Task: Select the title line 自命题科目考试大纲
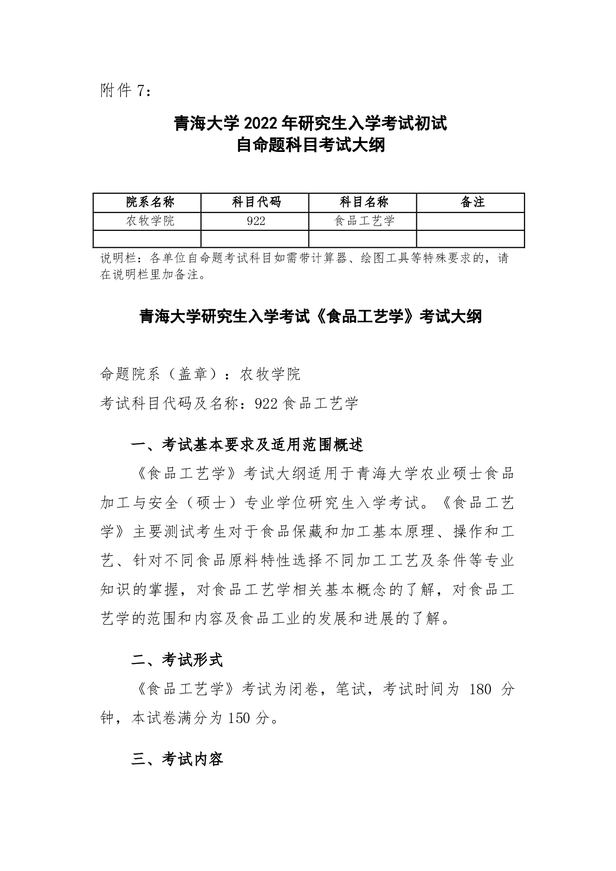[x=310, y=145]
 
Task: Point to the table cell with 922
[x=256, y=221]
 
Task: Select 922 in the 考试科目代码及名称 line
[x=265, y=403]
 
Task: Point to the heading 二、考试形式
[x=177, y=660]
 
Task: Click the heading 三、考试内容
[x=177, y=759]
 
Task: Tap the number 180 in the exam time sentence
[x=480, y=689]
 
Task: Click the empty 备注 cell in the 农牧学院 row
[x=470, y=221]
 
